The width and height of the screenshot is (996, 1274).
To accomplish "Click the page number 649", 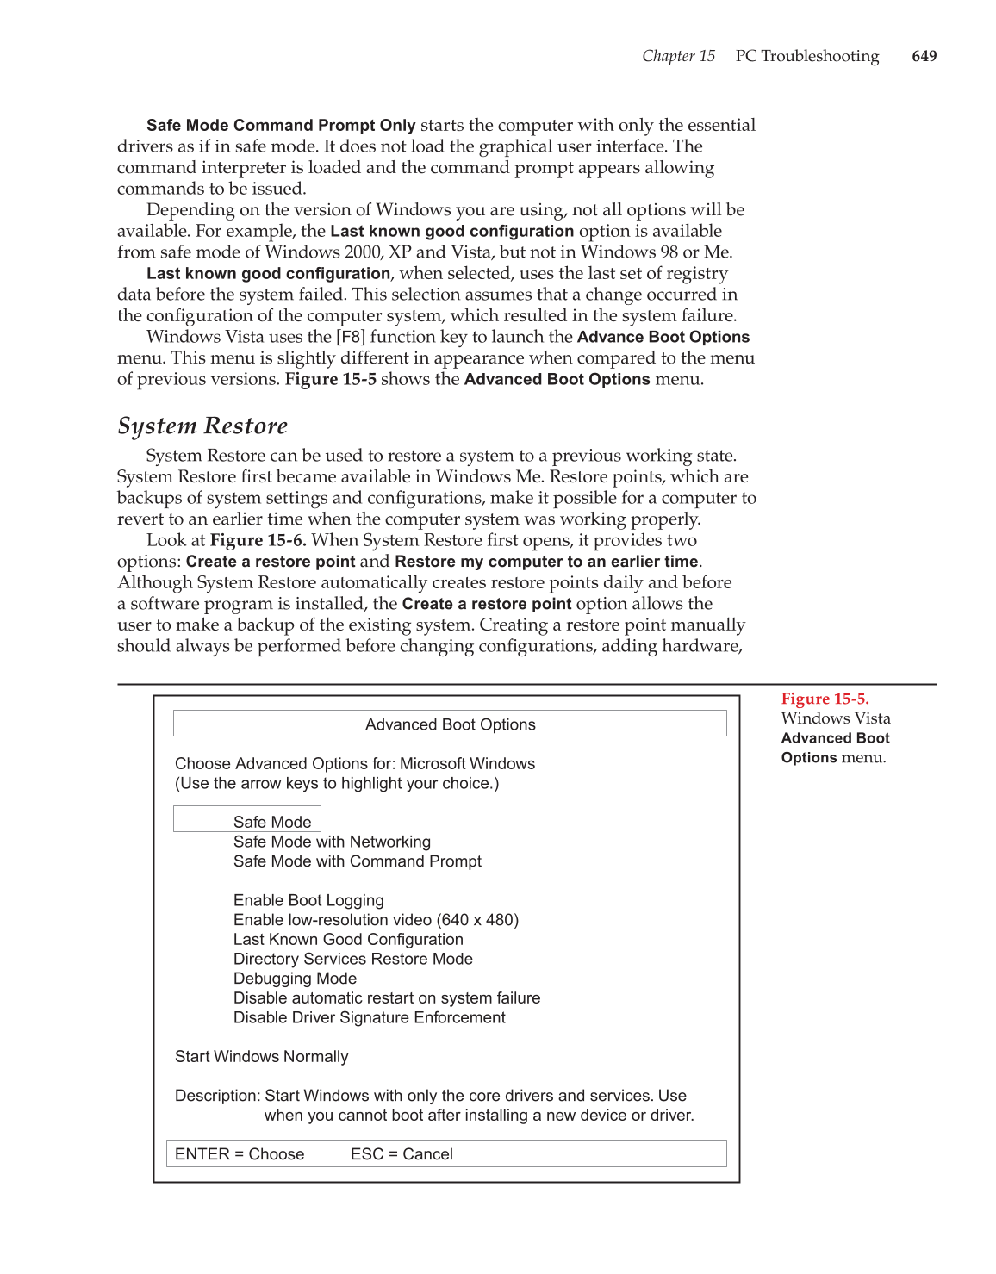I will click(924, 56).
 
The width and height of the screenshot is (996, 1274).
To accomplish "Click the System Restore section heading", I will click(202, 426).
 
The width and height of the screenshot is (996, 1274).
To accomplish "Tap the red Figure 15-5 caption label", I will click(825, 699).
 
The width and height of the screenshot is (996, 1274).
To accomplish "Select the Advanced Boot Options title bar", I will click(450, 724).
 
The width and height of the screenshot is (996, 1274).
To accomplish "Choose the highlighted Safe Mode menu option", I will click(271, 822).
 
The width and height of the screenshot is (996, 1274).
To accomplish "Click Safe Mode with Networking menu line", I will click(332, 842).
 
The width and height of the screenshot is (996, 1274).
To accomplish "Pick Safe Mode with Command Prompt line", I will click(357, 861).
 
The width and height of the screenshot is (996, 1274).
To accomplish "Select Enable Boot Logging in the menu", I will click(308, 900).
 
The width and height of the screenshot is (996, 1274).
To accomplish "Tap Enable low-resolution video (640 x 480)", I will click(376, 920).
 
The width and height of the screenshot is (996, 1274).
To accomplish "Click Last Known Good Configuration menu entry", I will click(348, 940).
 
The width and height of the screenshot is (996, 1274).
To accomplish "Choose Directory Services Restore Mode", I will click(352, 959).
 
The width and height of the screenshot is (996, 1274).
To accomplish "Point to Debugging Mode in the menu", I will click(295, 979).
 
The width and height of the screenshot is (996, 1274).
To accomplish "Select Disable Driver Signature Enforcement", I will click(369, 1017).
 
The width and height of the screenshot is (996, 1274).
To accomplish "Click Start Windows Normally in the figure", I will click(261, 1057).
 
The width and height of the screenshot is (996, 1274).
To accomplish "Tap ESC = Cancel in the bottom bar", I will click(402, 1154).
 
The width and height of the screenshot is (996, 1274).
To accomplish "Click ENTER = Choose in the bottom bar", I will click(240, 1154).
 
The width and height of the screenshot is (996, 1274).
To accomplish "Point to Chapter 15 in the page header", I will click(678, 56).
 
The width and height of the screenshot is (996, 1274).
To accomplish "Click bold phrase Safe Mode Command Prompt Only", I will click(281, 126).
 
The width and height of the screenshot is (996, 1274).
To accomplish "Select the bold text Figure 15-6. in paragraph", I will click(258, 540).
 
